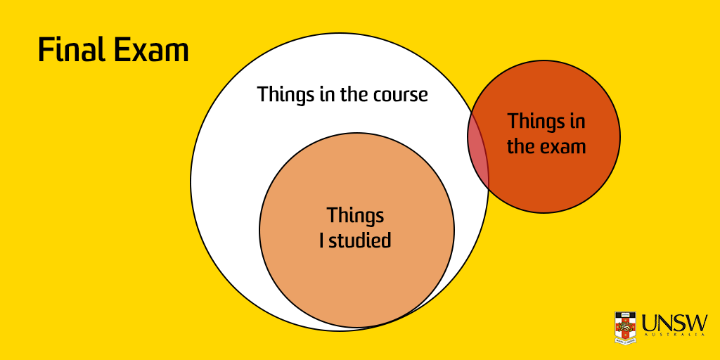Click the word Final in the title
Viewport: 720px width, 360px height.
point(67,51)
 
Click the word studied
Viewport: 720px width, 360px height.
point(361,240)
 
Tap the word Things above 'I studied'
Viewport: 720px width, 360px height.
point(356,215)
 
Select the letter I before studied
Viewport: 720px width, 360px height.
point(322,240)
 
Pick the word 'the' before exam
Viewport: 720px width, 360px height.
point(521,147)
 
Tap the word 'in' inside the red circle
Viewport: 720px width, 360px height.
point(577,121)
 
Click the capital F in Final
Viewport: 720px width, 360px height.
point(44,51)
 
